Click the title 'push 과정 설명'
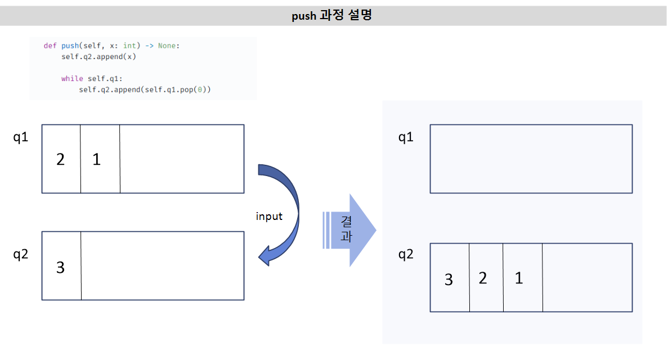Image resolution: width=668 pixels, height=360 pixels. [331, 15]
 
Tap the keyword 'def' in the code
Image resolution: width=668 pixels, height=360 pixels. [50, 46]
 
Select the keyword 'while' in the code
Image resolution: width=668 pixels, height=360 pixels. [72, 78]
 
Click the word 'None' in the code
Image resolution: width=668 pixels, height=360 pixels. [167, 46]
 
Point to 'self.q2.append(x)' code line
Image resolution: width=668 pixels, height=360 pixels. [98, 57]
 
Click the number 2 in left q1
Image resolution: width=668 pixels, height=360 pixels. [60, 159]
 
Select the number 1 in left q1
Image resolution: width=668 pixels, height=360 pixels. [97, 159]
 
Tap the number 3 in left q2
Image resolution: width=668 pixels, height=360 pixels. [60, 268]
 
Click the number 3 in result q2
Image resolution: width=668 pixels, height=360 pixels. [449, 280]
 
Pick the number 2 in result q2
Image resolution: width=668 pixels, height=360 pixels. [483, 278]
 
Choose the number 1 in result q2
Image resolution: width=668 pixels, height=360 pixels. [519, 278]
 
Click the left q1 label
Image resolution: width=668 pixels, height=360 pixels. [20, 137]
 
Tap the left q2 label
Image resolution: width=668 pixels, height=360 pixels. [20, 254]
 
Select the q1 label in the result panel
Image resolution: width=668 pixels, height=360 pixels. [406, 137]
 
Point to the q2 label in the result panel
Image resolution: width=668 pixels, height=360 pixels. [406, 254]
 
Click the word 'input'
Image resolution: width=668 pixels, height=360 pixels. [269, 217]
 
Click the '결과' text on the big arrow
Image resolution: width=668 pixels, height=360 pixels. [346, 229]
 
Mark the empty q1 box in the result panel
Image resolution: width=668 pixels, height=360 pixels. [531, 159]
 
